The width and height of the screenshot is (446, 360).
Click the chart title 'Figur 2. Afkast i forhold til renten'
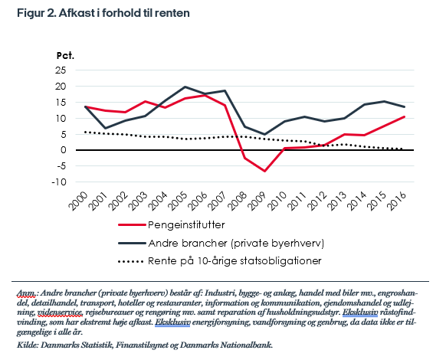tap(103, 13)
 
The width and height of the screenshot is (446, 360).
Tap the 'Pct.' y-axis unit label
tap(65, 55)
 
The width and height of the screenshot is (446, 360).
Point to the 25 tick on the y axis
tap(61, 70)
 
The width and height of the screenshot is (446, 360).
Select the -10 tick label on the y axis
tap(59, 182)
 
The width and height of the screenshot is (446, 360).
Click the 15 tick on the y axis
tap(61, 103)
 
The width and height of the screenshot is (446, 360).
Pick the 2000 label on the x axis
tap(78, 201)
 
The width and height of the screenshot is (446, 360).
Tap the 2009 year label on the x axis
tap(257, 201)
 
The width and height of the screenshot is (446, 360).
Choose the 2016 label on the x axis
tap(396, 201)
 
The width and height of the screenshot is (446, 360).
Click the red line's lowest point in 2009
tap(264, 171)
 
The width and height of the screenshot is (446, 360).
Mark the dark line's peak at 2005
tap(185, 87)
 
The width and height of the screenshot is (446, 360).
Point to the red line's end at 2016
tap(404, 116)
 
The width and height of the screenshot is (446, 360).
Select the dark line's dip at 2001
tap(106, 128)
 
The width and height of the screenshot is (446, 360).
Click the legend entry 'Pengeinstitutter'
tap(186, 225)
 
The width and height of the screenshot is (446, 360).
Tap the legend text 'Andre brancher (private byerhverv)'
tap(236, 244)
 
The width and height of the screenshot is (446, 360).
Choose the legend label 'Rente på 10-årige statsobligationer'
tap(234, 261)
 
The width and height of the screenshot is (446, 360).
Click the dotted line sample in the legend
tap(130, 262)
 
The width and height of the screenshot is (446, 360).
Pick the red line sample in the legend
tap(132, 225)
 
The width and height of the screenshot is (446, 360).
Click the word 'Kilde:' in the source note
tap(28, 345)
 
